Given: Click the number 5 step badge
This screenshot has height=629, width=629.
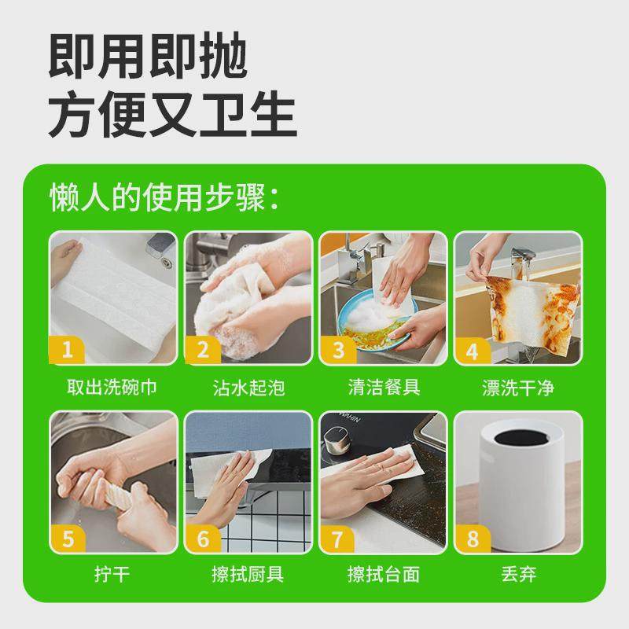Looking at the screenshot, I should pyautogui.click(x=68, y=539).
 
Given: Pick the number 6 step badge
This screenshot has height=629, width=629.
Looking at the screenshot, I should pyautogui.click(x=203, y=539).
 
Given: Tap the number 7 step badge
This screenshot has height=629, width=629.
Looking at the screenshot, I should pyautogui.click(x=338, y=539).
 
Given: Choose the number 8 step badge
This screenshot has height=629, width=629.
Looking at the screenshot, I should pyautogui.click(x=472, y=539).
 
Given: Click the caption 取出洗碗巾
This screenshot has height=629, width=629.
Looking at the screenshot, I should pyautogui.click(x=114, y=388).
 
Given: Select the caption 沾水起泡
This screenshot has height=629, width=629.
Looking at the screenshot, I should pyautogui.click(x=248, y=388).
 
